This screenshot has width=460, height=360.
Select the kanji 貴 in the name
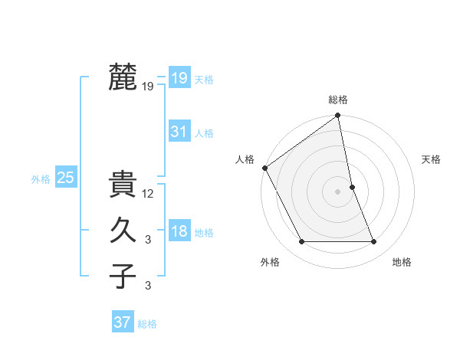click(123, 185)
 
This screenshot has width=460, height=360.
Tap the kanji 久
click(123, 231)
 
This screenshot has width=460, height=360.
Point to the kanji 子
click(123, 276)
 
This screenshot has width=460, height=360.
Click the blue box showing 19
click(179, 77)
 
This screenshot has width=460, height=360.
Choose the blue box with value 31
click(179, 132)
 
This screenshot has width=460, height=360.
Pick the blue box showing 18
click(179, 232)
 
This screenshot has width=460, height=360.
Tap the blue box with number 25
click(66, 178)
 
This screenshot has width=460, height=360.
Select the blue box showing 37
click(123, 322)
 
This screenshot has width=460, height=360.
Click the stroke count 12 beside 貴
click(149, 194)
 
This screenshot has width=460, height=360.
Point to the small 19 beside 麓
click(148, 87)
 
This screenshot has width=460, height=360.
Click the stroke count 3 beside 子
click(149, 286)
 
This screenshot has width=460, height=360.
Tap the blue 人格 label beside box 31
click(204, 133)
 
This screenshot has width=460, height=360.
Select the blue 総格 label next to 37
click(147, 324)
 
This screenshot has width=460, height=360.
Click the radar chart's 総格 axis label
click(338, 100)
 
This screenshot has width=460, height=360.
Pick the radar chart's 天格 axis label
click(431, 159)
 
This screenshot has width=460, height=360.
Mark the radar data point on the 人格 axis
click(264, 168)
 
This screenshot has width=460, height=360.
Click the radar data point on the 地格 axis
click(374, 242)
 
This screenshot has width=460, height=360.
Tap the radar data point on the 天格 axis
click(352, 187)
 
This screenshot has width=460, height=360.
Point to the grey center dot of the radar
click(338, 191)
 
